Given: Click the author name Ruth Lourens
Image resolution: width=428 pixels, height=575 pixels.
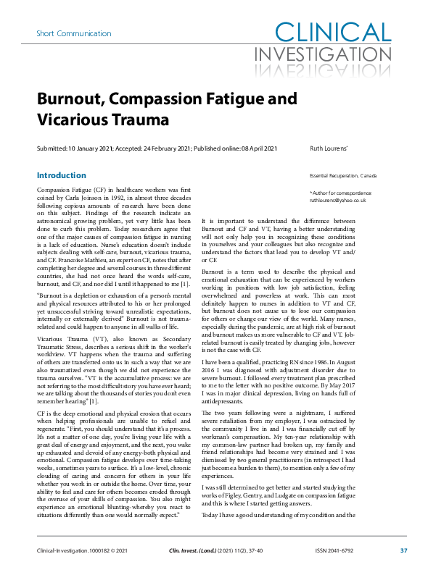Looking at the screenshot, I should (328, 148).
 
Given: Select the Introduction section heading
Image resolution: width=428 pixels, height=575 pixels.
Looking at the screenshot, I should (61, 175).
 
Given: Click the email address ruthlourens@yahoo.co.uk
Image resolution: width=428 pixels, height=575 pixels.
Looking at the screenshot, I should (337, 201).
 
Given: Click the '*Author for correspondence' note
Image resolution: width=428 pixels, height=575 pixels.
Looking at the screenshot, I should (339, 193).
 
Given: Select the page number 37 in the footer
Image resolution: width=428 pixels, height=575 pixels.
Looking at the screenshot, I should (403, 551).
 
